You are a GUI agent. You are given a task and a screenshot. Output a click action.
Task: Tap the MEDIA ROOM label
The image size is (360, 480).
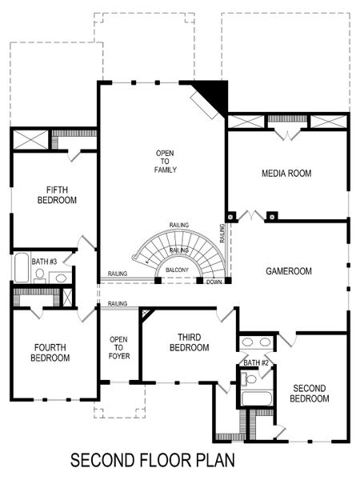point(286,174)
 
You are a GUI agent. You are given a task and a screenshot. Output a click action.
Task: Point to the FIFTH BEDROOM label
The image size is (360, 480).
point(57,195)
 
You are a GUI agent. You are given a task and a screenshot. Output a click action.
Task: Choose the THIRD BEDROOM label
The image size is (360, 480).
point(189,342)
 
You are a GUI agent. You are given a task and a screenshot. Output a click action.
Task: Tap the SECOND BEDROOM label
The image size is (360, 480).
point(308,393)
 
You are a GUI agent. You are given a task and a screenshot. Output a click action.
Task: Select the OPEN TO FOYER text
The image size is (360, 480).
point(118,348)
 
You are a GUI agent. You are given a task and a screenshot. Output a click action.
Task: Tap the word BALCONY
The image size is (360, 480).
point(178,270)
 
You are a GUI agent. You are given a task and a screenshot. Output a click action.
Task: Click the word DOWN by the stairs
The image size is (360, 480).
point(214,282)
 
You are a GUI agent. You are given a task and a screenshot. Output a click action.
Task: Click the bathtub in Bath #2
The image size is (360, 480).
point(257,398)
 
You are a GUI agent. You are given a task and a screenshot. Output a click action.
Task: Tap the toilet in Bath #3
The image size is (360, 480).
point(39,274)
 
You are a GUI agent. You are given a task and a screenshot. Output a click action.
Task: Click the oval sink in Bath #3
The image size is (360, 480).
point(60,278)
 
